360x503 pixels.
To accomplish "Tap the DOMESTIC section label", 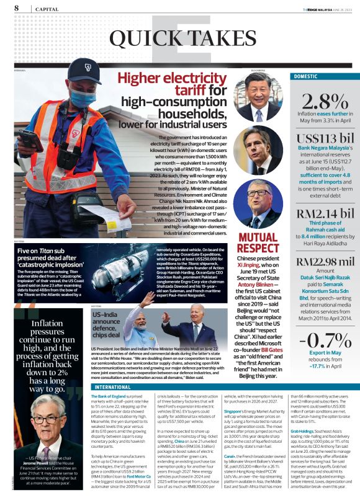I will (x=306, y=76).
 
